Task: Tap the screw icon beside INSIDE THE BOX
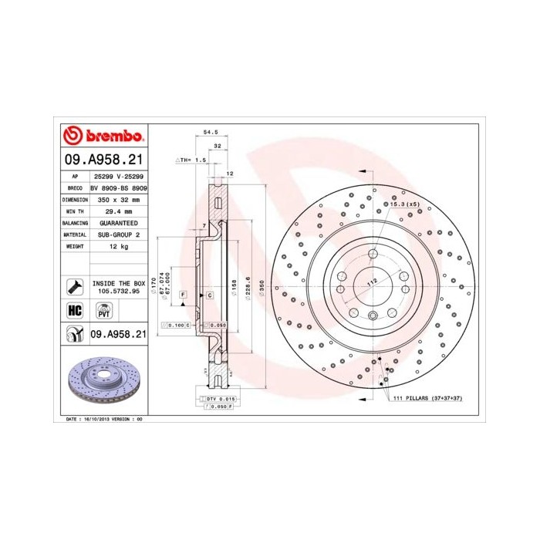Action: [75, 287]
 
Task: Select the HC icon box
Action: [75, 311]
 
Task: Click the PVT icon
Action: [103, 311]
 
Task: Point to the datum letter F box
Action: [184, 295]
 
